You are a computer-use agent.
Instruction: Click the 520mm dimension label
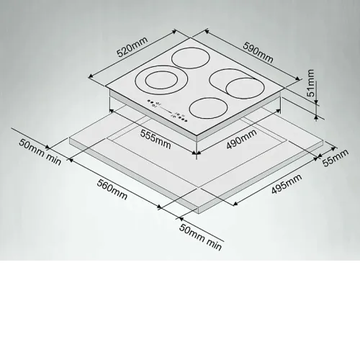pyautogui.click(x=132, y=48)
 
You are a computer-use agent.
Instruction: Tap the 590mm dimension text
pyautogui.click(x=258, y=53)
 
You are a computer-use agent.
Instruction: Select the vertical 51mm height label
pyautogui.click(x=311, y=83)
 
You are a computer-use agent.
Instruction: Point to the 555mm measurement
pyautogui.click(x=156, y=140)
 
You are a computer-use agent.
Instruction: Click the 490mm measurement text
pyautogui.click(x=241, y=139)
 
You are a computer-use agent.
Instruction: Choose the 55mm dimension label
pyautogui.click(x=336, y=158)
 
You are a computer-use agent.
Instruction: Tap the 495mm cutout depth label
pyautogui.click(x=287, y=184)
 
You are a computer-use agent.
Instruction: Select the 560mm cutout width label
pyautogui.click(x=112, y=189)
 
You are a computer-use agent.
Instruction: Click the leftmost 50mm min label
pyautogui.click(x=40, y=152)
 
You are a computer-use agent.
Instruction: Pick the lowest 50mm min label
pyautogui.click(x=200, y=238)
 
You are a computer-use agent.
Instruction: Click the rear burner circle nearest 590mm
pyautogui.click(x=191, y=58)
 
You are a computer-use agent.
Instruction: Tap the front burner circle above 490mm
pyautogui.click(x=208, y=108)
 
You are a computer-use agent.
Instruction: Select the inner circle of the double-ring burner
pyautogui.click(x=162, y=80)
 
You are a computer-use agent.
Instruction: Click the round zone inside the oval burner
pyautogui.click(x=245, y=89)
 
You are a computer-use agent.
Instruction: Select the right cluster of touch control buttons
pyautogui.click(x=180, y=117)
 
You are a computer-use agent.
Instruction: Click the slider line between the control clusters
pyautogui.click(x=165, y=109)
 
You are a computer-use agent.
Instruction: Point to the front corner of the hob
pyautogui.click(x=197, y=136)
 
